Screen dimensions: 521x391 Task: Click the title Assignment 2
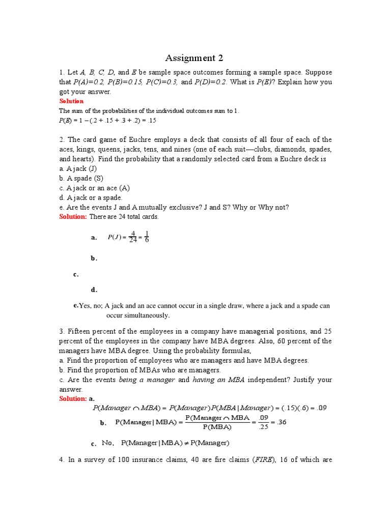tap(195, 57)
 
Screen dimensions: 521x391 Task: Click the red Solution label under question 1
tap(71, 101)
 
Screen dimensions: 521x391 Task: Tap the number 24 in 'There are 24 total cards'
tap(125, 217)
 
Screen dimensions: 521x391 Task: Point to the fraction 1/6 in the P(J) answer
tap(147, 237)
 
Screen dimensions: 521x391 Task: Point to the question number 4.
tap(62, 460)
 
